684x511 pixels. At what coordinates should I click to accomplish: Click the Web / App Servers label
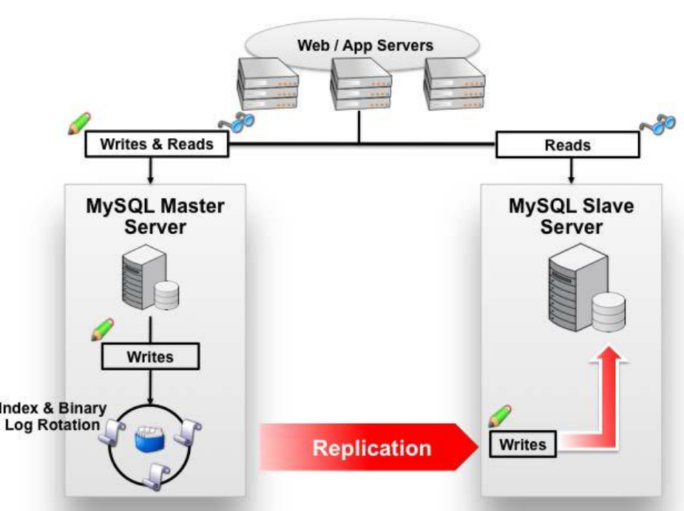365,45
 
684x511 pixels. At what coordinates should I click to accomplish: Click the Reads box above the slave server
568,145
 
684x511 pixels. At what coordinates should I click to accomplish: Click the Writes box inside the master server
150,357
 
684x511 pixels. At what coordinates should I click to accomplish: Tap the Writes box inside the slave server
523,445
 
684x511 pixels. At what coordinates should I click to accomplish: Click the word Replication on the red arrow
371,447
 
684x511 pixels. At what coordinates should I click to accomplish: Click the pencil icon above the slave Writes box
501,416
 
